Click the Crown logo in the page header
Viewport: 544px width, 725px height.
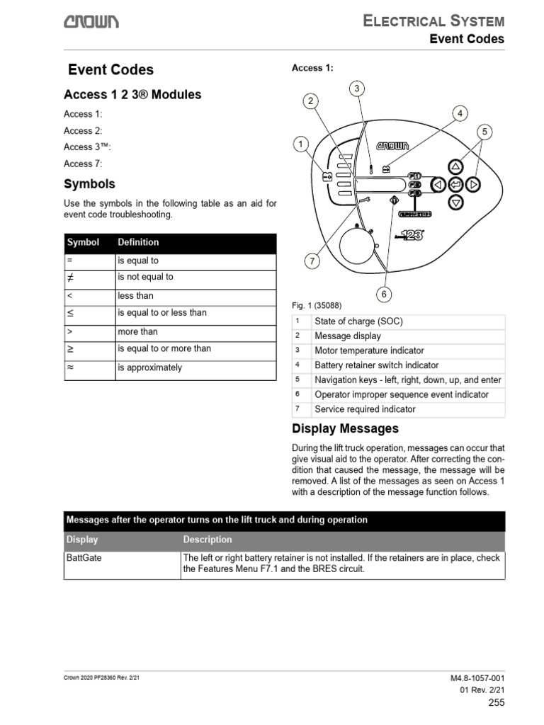coord(92,21)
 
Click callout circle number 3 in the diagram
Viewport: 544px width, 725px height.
coord(357,89)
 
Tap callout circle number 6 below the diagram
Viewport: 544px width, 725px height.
coord(383,293)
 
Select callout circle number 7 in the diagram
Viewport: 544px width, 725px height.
coord(312,261)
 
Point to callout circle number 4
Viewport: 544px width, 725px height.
coord(460,113)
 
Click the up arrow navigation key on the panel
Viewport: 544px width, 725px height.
coord(456,167)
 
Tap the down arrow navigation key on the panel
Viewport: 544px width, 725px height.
coord(456,202)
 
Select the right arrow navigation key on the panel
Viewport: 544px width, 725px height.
coord(474,185)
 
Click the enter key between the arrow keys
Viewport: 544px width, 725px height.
coord(456,185)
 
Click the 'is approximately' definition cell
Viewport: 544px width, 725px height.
coord(149,367)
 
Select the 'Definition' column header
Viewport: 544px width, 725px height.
coord(138,242)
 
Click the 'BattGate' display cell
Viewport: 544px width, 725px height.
coord(84,558)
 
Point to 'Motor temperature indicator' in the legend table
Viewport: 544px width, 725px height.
coord(369,350)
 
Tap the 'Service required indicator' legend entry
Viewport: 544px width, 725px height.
coord(365,409)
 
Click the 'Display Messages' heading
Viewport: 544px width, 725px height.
coord(345,429)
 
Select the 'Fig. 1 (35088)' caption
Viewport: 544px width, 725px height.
coord(317,305)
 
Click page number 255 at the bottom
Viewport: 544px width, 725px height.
coord(497,702)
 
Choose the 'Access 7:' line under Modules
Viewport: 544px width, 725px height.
coord(83,164)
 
